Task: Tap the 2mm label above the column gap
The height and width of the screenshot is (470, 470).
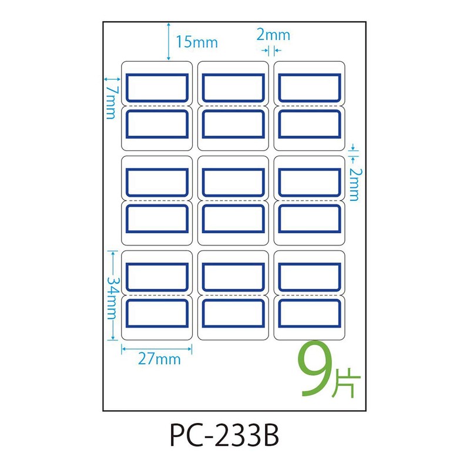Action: (273, 35)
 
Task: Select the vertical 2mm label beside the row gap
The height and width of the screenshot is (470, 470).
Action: (353, 183)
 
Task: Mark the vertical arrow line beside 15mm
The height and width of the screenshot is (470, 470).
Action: (169, 41)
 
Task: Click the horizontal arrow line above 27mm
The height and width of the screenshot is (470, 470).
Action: (157, 347)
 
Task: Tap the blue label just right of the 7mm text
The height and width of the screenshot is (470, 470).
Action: (157, 88)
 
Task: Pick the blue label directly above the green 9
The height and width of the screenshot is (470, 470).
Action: (309, 313)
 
